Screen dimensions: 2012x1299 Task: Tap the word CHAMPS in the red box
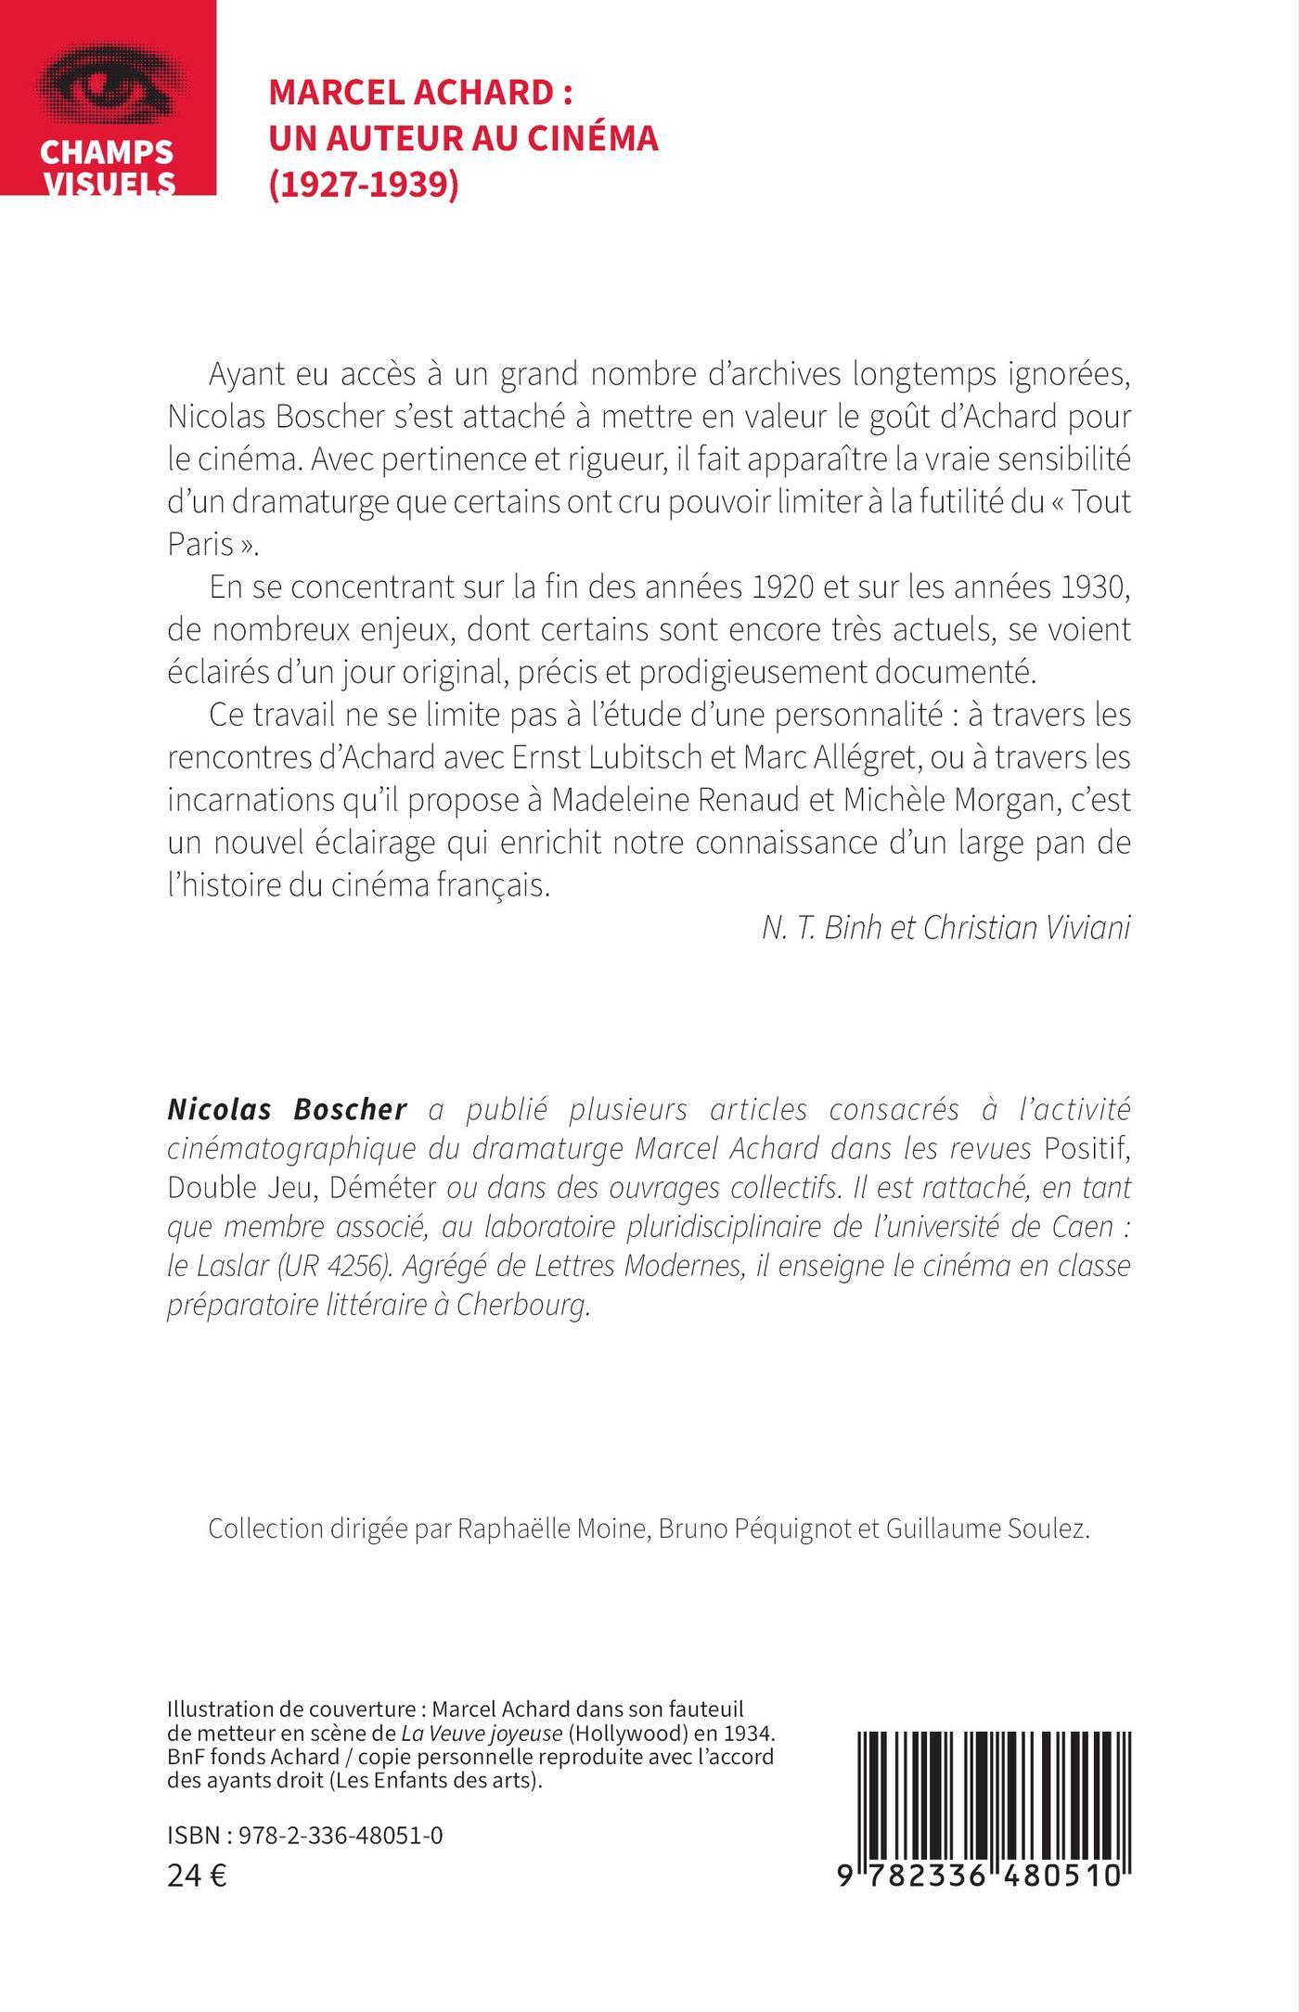(108, 151)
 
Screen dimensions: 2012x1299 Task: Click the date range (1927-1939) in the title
(364, 183)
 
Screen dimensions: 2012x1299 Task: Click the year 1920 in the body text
(778, 587)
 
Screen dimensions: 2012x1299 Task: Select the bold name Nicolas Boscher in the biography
(288, 1109)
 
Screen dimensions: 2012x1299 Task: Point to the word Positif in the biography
(1087, 1148)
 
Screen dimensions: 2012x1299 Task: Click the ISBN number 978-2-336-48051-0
(341, 1835)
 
